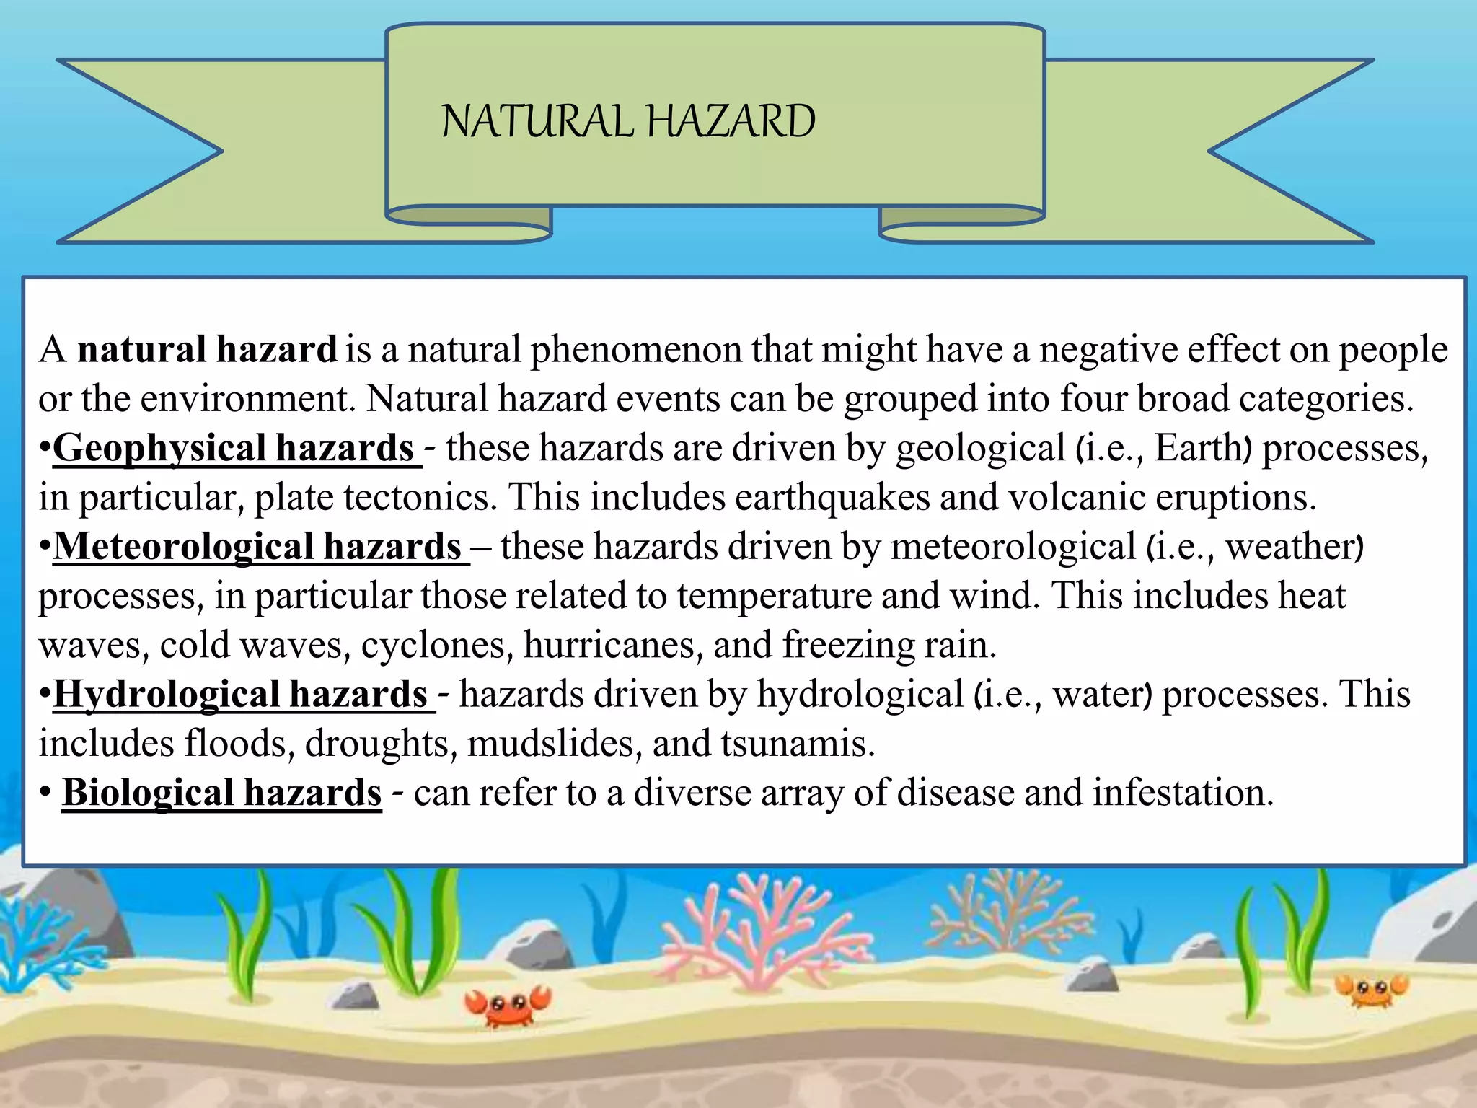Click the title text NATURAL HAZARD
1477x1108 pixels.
[628, 121]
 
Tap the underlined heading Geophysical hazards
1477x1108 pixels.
[233, 448]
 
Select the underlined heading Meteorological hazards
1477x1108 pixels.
[257, 547]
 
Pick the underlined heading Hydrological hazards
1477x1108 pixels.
[241, 695]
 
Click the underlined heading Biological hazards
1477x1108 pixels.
[221, 793]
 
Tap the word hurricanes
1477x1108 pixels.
[613, 645]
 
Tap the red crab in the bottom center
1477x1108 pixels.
[508, 1005]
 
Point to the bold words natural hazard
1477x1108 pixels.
[207, 350]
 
